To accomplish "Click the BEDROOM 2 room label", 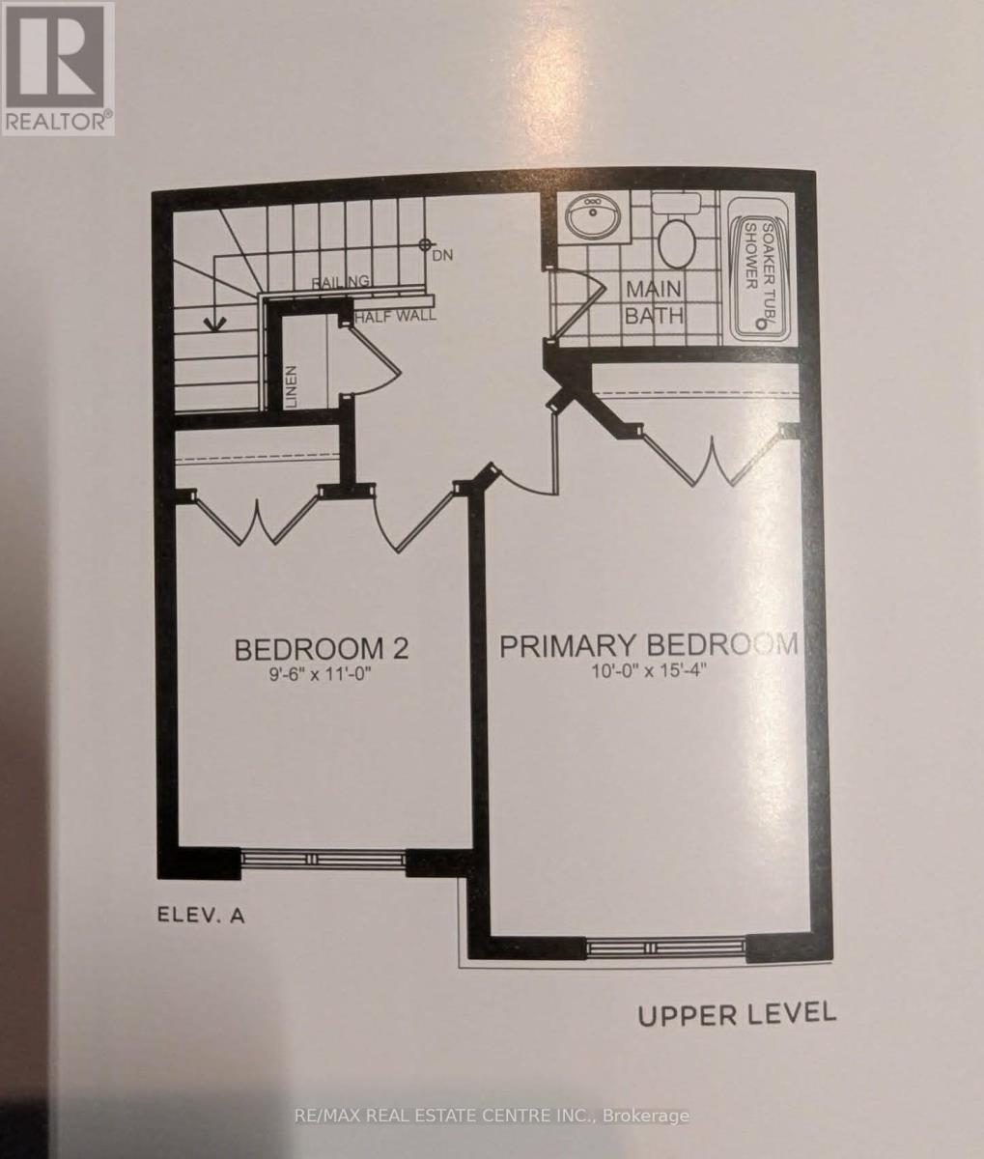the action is (x=322, y=649).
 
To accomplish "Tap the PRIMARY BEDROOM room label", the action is (x=649, y=646).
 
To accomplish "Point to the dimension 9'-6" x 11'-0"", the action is (x=321, y=674).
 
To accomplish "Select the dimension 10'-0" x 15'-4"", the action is (x=649, y=671).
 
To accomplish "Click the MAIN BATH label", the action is (x=654, y=302).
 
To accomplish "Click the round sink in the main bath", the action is (x=593, y=216).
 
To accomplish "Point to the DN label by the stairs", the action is (x=442, y=256).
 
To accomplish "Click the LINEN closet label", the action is (x=291, y=386).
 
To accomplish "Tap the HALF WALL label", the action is (x=395, y=316).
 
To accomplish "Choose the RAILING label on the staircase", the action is (x=341, y=281).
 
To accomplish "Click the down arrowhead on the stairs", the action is (x=214, y=324).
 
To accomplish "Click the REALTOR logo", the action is (x=58, y=69).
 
